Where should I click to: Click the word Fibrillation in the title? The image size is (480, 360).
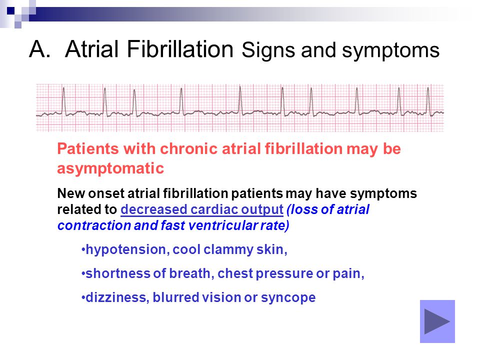coord(179,49)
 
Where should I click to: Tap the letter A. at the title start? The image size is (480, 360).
coord(40,49)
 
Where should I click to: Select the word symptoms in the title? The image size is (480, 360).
coord(390,51)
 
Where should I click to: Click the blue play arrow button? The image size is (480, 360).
coord(437,321)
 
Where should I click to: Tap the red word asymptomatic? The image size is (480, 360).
coord(110,168)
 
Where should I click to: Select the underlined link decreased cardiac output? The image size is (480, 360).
coord(202,209)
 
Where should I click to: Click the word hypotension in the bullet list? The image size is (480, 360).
coord(126,250)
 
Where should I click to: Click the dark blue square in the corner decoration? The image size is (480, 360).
coord(10,11)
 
